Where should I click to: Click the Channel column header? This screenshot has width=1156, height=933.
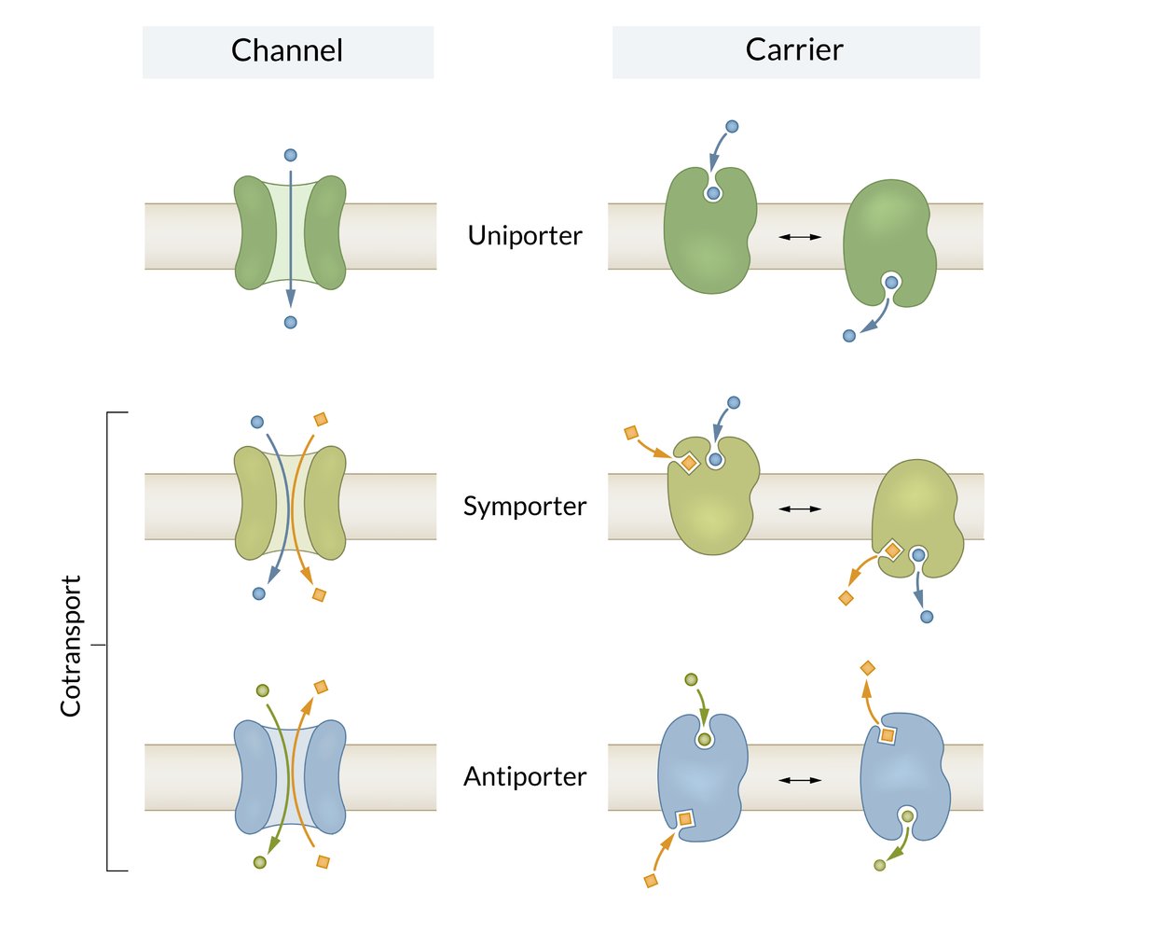[287, 50]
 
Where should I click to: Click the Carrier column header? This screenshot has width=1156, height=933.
[794, 50]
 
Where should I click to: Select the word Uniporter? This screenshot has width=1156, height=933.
[525, 236]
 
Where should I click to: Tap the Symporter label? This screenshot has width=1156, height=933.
[525, 507]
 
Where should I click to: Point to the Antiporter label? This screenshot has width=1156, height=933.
[525, 777]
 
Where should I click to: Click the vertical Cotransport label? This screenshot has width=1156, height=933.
[71, 646]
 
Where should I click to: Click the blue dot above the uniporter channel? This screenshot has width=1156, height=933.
[291, 155]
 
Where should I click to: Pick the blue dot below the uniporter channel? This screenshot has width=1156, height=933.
[291, 322]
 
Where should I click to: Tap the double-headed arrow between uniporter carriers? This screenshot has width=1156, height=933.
[800, 237]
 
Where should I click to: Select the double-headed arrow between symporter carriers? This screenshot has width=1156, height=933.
[800, 508]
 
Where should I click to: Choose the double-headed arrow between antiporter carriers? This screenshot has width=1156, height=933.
[800, 780]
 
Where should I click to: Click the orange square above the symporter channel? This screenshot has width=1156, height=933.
[321, 420]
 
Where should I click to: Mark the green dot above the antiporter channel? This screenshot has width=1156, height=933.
[263, 690]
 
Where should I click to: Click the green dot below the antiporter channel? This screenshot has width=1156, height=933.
[260, 862]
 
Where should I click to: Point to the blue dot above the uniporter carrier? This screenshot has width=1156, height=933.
[732, 126]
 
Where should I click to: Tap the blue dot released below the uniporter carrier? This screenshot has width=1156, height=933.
[849, 336]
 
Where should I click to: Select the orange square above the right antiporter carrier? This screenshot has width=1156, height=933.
[867, 668]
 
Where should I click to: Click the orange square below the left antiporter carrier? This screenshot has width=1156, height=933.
[651, 880]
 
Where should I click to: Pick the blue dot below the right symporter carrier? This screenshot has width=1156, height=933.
[927, 617]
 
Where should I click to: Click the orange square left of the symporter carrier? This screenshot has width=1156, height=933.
[631, 433]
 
